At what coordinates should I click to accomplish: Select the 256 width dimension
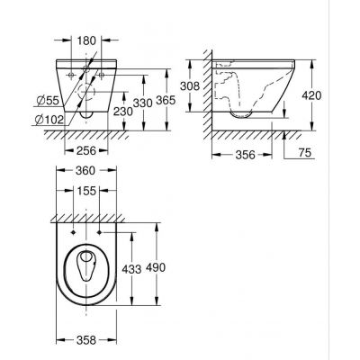(85, 151)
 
